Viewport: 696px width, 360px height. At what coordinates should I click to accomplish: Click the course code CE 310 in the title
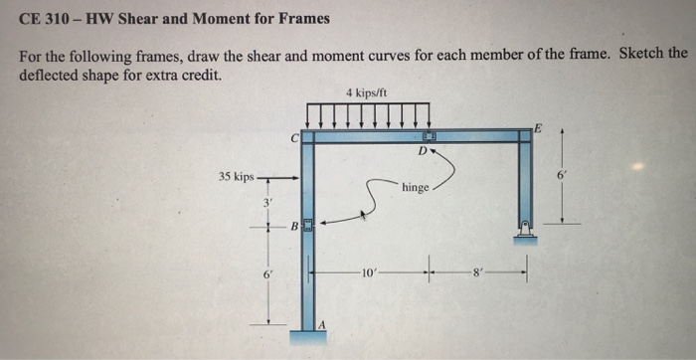(41, 18)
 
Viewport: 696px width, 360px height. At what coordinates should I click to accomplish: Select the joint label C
(294, 138)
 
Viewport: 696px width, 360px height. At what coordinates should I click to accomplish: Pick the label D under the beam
(423, 152)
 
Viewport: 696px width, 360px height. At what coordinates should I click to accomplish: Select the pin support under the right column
(525, 233)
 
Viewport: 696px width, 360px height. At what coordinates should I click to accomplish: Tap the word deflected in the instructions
(47, 75)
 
